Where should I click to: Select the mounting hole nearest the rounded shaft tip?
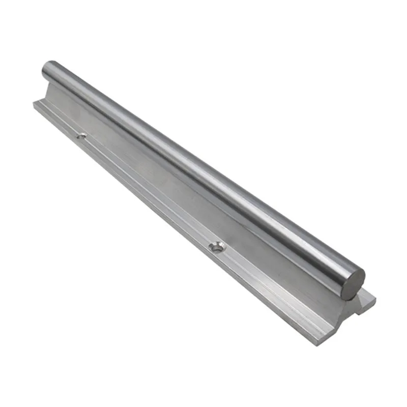[81, 136]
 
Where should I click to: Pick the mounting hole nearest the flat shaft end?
[218, 247]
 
